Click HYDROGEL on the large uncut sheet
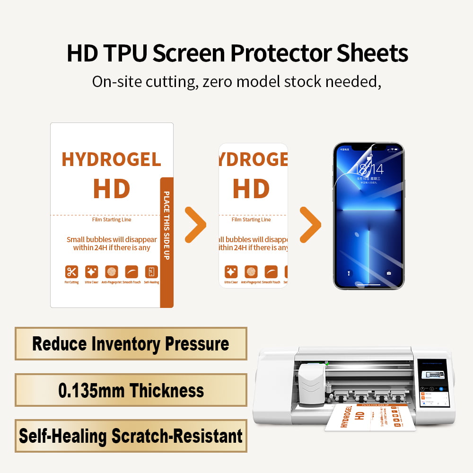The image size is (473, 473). point(111,160)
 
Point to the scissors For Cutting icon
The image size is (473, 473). point(71,272)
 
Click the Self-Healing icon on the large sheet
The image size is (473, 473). point(151,272)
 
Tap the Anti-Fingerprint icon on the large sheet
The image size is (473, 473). point(112,272)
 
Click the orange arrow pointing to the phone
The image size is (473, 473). point(310,225)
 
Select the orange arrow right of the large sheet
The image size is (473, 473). point(195,225)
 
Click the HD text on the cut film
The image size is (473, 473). point(251,188)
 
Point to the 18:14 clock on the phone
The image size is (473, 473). point(370,169)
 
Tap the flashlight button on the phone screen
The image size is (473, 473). point(349,273)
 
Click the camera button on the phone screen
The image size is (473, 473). point(389,273)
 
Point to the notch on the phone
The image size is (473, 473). point(369,148)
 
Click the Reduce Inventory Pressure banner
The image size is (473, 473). point(131,344)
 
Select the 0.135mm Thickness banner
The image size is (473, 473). point(131,390)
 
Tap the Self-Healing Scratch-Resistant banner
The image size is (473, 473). point(131,436)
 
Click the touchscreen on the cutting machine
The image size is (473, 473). point(433,383)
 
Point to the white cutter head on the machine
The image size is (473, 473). point(310,383)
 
